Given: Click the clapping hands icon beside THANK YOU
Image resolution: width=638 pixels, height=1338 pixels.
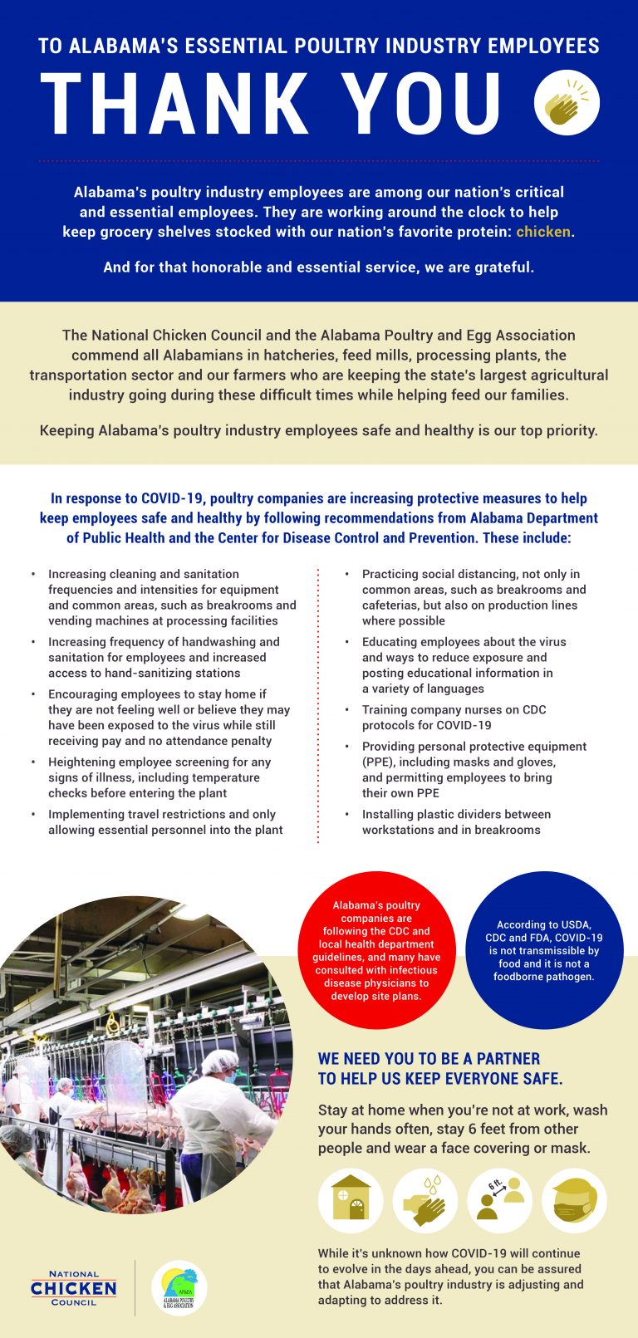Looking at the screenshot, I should tap(567, 103).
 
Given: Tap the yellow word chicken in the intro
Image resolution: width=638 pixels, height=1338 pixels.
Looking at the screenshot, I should tap(543, 232).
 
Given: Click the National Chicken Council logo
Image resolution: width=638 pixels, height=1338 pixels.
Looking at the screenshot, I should tap(74, 1288).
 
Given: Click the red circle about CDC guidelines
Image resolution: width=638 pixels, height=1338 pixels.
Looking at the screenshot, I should tap(376, 950).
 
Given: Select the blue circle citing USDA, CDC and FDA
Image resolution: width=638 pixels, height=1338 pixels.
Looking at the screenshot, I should tap(544, 950).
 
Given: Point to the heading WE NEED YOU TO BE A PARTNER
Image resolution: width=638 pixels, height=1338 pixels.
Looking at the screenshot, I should tap(429, 1059).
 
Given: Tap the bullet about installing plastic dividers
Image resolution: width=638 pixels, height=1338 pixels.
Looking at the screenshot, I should tap(455, 822).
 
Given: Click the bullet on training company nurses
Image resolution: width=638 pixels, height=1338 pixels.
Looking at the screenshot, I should tap(454, 718).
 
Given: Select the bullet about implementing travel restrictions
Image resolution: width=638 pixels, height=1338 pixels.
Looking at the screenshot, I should tap(165, 822).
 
